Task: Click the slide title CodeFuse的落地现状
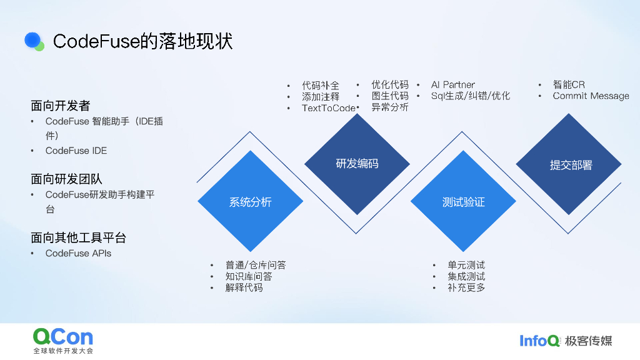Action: [x=142, y=41]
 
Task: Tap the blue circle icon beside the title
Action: [x=33, y=41]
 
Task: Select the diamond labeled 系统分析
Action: [x=250, y=202]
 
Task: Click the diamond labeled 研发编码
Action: [x=357, y=164]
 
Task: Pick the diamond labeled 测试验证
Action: [x=463, y=202]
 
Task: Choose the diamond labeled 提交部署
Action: [x=569, y=165]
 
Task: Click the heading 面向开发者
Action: [x=60, y=106]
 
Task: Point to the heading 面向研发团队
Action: [x=66, y=179]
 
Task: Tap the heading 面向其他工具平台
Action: [x=78, y=238]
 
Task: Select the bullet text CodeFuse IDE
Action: [x=76, y=151]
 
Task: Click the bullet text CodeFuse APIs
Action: [x=78, y=253]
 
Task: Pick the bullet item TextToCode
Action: [x=328, y=108]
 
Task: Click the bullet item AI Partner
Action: [x=452, y=84]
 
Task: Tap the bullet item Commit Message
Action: [x=591, y=96]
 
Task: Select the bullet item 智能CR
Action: [x=569, y=84]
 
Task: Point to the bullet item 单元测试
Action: [x=466, y=265]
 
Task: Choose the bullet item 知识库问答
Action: [x=249, y=276]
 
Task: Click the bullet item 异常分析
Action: [x=390, y=107]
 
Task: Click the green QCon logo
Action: [x=62, y=338]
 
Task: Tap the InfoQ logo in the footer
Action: [x=539, y=341]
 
